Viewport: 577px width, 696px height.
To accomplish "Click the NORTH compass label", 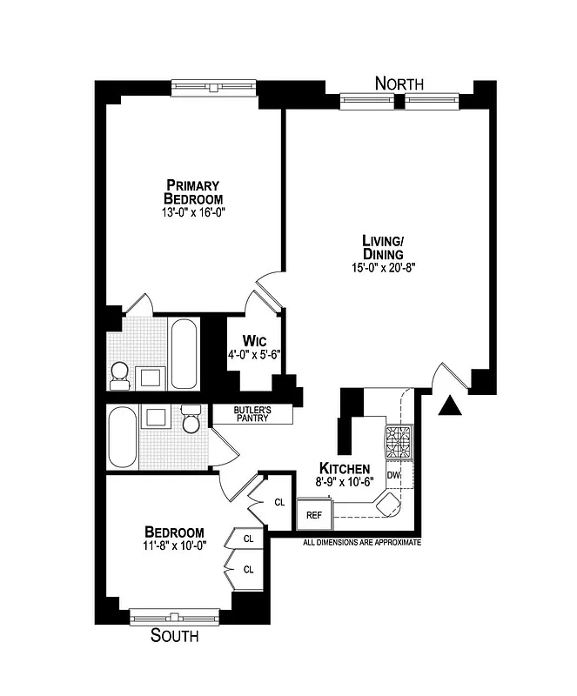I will [x=399, y=84].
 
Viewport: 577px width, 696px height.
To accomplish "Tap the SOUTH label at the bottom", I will [x=174, y=636].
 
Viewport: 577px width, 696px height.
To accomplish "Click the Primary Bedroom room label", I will [x=192, y=191].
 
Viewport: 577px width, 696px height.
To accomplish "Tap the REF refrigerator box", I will [x=313, y=515].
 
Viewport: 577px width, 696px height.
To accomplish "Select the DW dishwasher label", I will [x=393, y=476].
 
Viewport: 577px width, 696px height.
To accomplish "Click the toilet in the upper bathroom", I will [x=120, y=374].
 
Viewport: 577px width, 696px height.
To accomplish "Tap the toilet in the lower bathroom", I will [x=191, y=418].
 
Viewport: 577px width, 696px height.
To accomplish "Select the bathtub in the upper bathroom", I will [x=184, y=354].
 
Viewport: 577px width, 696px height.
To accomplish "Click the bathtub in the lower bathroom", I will [x=122, y=438].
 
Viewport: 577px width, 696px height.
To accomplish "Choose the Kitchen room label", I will [x=346, y=467].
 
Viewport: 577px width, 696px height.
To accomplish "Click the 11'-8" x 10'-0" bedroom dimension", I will [x=174, y=545].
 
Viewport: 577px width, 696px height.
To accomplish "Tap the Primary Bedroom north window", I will [x=213, y=86].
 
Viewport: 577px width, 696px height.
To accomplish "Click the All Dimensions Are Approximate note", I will [x=361, y=542].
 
